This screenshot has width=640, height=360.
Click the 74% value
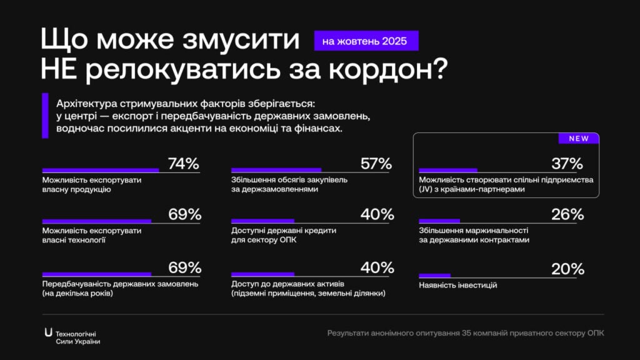coord(184,164)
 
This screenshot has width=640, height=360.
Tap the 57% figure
coord(376,164)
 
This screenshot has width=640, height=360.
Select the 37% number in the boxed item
coord(567,164)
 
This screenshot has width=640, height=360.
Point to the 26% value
coord(567,214)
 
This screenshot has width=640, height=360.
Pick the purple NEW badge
coord(578,139)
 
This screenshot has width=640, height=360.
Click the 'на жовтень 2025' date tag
coord(366,41)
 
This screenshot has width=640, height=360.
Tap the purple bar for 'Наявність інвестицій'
coord(434,276)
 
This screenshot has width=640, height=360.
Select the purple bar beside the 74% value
coord(100,170)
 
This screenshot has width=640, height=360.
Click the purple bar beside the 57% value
coord(276,170)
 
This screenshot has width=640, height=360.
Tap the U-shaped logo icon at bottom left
coord(48,332)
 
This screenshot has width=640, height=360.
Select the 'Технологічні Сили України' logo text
coord(77,337)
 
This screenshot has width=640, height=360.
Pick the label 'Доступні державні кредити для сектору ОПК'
coord(284,235)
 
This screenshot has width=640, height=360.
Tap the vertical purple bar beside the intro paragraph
coord(45,115)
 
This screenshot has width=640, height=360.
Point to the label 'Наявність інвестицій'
coord(457,286)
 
